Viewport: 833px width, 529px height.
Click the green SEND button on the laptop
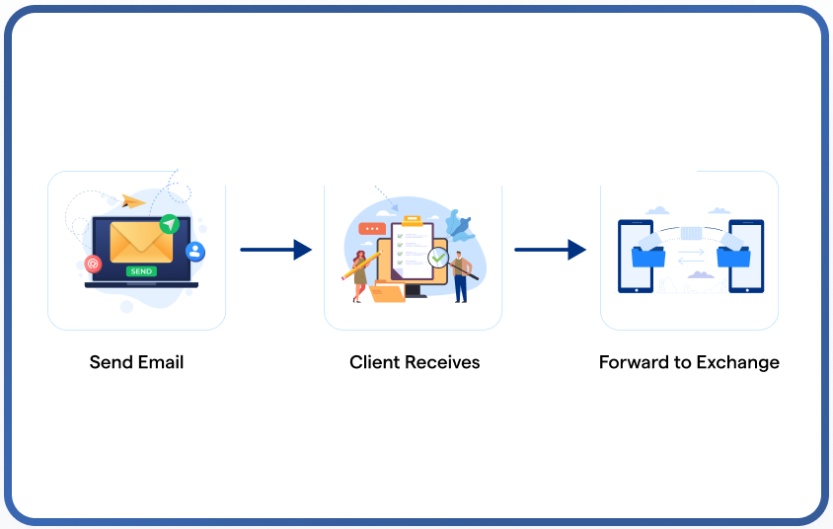[x=141, y=270]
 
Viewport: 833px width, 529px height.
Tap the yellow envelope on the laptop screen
[x=141, y=242]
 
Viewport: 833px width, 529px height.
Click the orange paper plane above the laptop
[x=134, y=201]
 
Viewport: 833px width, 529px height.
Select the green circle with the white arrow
[x=170, y=224]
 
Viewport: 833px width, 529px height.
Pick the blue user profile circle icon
[x=195, y=252]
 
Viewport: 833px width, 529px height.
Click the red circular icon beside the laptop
[x=94, y=264]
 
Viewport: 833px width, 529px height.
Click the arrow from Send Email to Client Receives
[x=275, y=250]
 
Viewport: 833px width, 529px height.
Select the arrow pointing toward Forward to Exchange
[x=550, y=250]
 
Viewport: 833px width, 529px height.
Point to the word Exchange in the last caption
[x=737, y=362]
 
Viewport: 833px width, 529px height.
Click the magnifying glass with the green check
[x=439, y=259]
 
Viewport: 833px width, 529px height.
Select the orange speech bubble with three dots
[x=373, y=229]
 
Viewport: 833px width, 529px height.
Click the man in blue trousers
[x=461, y=276]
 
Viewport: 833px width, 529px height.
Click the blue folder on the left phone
[x=648, y=257]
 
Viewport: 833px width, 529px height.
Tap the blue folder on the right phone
[x=733, y=257]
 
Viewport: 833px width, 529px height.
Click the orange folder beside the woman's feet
[x=386, y=292]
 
